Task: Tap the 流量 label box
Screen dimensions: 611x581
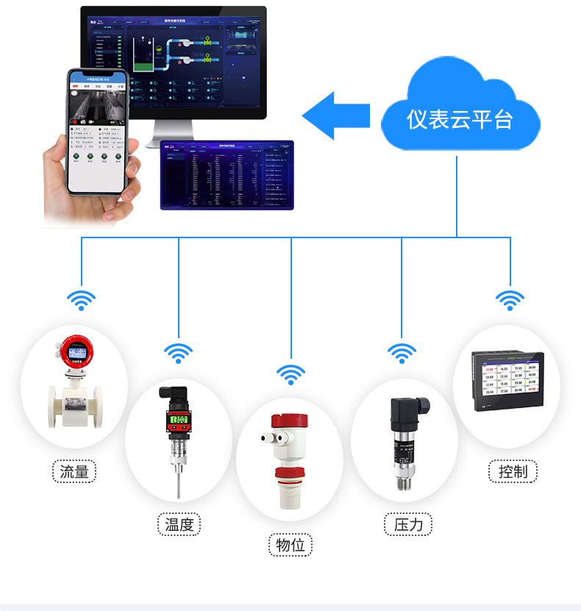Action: [x=74, y=471]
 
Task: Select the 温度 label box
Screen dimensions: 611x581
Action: [x=179, y=524]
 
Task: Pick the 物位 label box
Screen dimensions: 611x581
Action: [x=290, y=545]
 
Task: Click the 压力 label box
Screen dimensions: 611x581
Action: [x=408, y=524]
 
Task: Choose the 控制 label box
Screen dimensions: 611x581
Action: [x=513, y=471]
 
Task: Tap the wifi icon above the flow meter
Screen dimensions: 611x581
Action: [x=82, y=299]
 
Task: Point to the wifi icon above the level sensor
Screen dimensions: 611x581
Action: [x=290, y=374]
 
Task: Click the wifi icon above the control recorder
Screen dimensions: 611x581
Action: [x=510, y=299]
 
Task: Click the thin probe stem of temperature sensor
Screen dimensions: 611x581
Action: [x=179, y=482]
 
